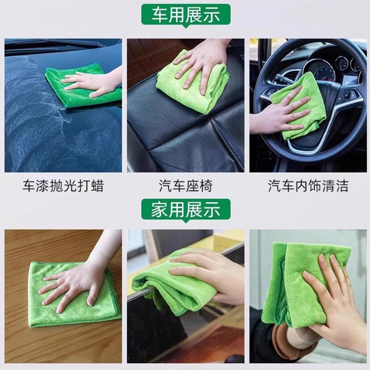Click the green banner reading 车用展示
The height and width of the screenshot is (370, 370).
tap(186, 15)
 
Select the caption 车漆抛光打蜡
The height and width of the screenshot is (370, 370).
tap(63, 186)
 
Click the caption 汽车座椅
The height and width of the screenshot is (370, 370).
tap(185, 186)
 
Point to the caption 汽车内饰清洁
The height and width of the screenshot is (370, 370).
tap(308, 186)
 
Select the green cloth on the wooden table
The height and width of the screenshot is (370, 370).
tap(73, 295)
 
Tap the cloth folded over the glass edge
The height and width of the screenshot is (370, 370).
tap(175, 285)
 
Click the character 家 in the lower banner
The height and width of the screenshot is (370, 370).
tap(160, 210)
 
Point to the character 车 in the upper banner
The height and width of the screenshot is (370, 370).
tap(160, 15)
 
